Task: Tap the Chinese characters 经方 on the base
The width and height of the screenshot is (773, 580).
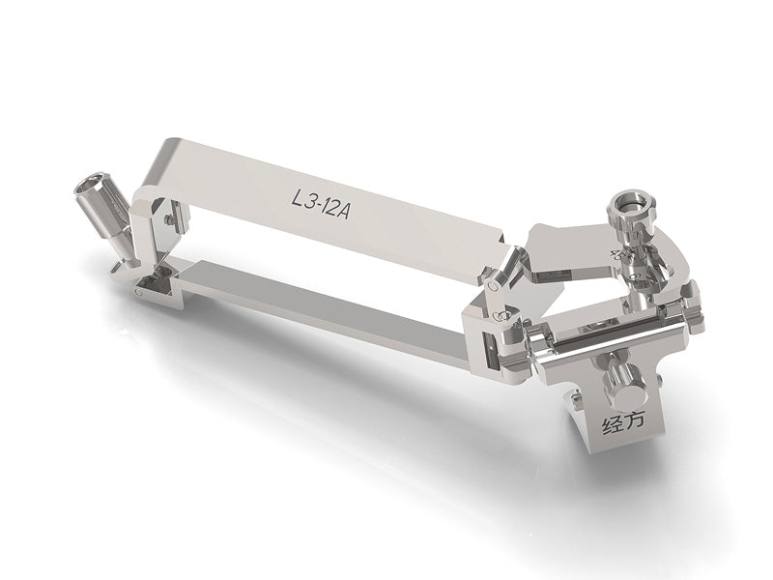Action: [623, 422]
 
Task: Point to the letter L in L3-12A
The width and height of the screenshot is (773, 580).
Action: [298, 198]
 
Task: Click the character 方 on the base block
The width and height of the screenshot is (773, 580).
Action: [635, 420]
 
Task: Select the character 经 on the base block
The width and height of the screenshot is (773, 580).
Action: [612, 426]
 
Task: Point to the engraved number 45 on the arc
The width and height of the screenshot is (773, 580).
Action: [616, 254]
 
